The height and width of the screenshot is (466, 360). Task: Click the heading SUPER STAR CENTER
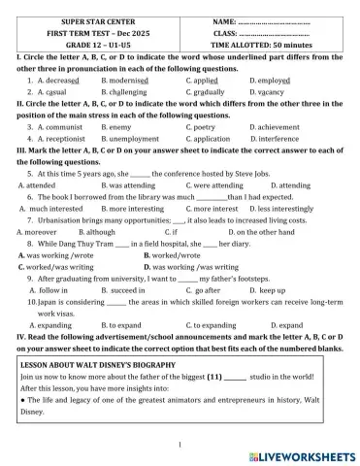pos(96,20)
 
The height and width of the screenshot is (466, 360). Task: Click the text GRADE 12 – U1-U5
pos(96,45)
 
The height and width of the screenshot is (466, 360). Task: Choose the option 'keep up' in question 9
pos(272,290)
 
